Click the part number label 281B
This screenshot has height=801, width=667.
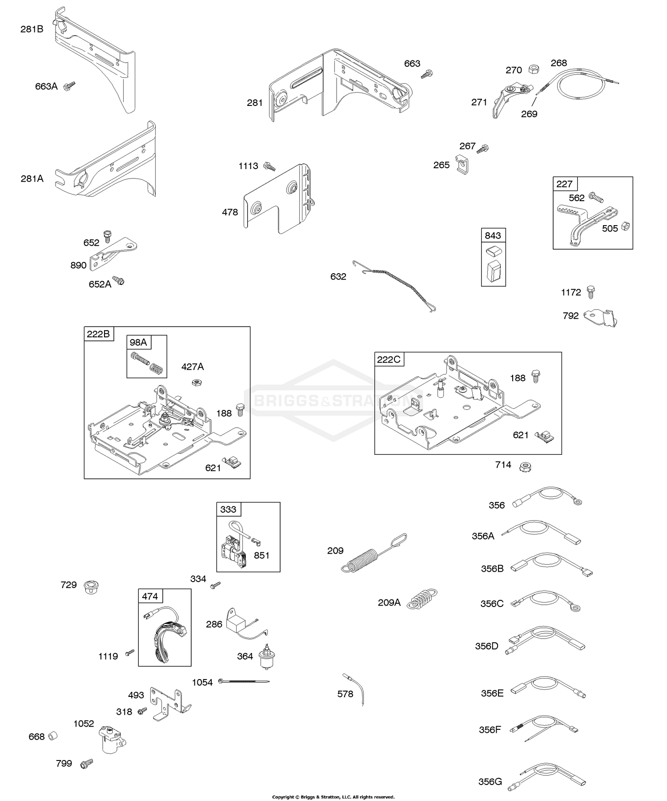pos(32,30)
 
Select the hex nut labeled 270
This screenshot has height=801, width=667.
pos(534,69)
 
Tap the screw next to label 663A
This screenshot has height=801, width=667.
pos(70,86)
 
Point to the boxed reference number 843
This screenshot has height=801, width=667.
pos(493,235)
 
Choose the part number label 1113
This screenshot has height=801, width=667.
pos(248,166)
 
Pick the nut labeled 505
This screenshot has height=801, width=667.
pos(624,226)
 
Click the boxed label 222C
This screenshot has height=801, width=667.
pos(389,359)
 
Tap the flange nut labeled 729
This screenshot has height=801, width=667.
pos(91,586)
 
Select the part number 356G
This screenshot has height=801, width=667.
pos(490,781)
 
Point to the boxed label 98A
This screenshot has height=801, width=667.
pos(138,342)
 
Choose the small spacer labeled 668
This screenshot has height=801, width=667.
pos(53,736)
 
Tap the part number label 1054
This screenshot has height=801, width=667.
pos(202,682)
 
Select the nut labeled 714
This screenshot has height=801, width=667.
pos(525,466)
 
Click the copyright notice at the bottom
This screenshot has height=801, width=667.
pos(333,797)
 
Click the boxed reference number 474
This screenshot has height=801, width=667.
pos(150,596)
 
